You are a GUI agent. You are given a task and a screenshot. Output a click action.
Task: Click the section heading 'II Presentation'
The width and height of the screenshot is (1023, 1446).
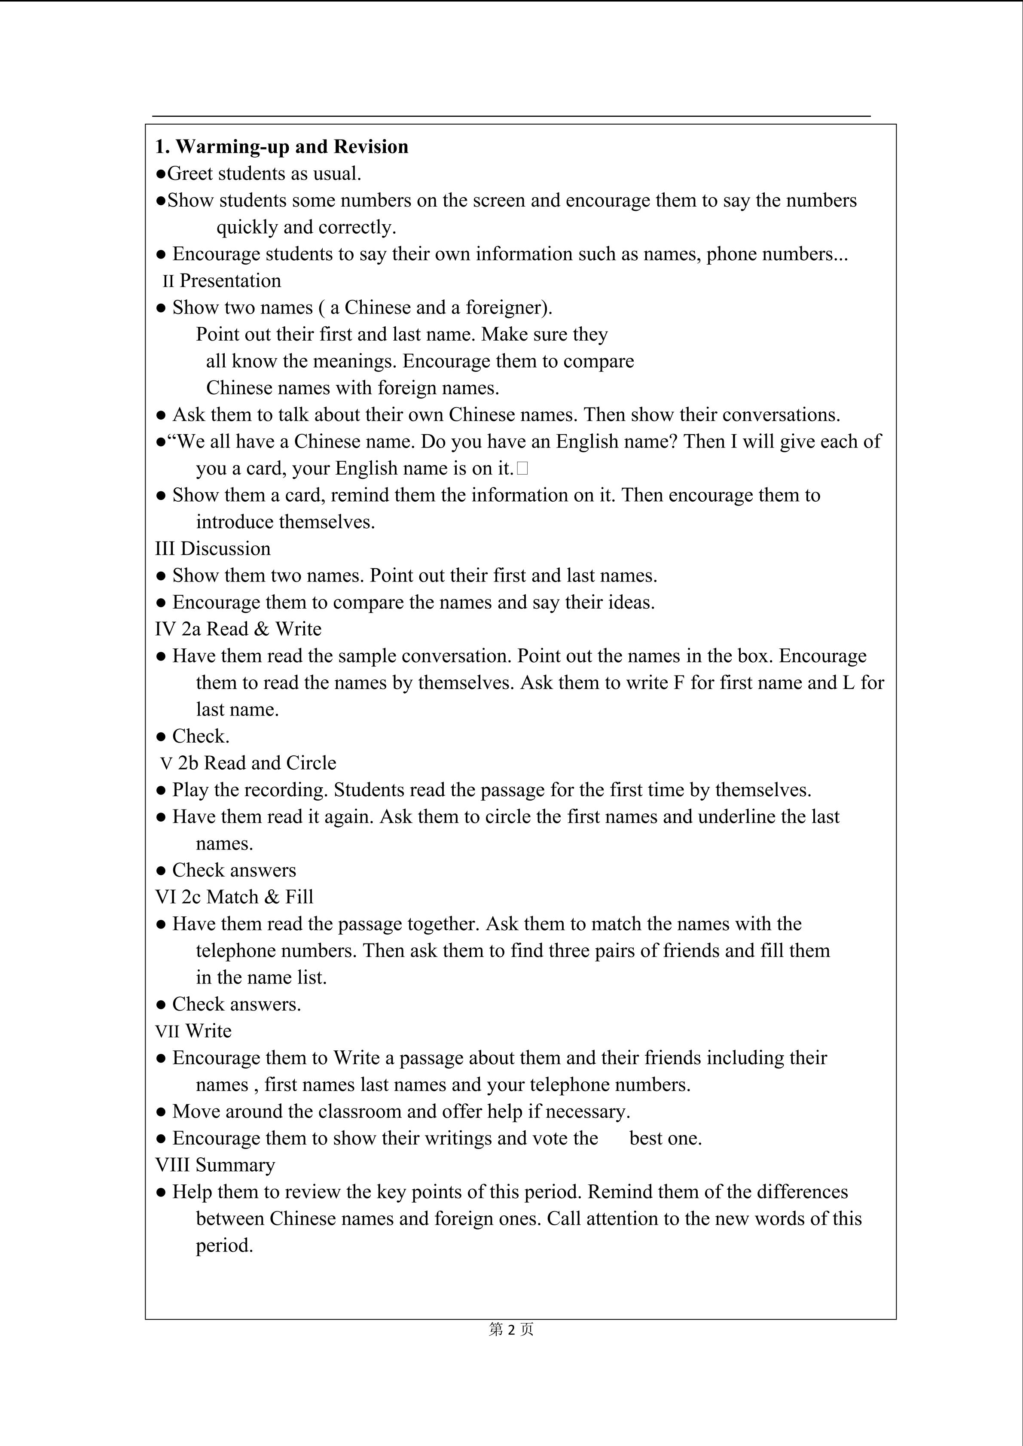click(x=221, y=281)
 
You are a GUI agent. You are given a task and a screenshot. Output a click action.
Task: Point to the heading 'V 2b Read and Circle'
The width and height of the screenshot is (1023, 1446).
click(x=248, y=763)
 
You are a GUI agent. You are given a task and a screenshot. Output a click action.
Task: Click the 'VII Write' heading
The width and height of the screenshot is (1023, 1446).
click(x=193, y=1031)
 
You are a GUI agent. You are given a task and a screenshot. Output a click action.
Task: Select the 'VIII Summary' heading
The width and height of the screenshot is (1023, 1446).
click(x=215, y=1165)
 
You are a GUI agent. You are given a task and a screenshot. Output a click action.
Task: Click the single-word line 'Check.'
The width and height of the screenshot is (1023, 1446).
click(x=200, y=736)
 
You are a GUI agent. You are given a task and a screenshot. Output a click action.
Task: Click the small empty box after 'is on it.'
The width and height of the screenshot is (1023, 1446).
click(x=522, y=469)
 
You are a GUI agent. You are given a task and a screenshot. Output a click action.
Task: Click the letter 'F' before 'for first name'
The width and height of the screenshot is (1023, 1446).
click(x=678, y=683)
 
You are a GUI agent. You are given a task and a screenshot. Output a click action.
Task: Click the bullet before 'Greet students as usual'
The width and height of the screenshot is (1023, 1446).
click(x=161, y=174)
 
